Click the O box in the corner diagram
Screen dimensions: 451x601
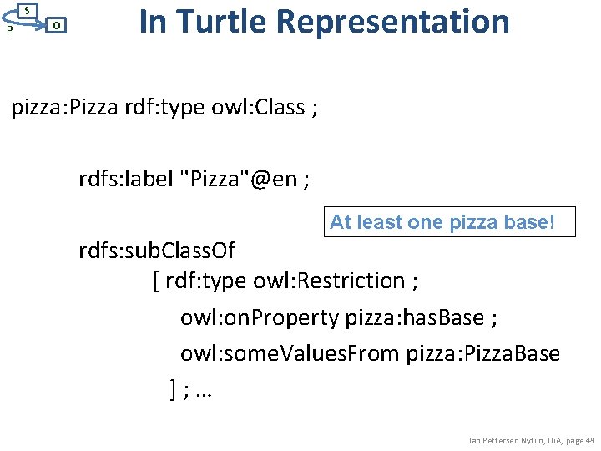point(55,26)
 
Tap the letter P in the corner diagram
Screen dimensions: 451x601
point(8,30)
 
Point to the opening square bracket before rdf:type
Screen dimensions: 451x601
point(157,281)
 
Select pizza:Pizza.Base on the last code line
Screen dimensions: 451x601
point(483,353)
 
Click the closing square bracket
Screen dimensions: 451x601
point(173,389)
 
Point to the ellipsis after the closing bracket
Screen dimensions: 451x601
point(202,391)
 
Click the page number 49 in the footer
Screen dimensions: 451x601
point(589,440)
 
